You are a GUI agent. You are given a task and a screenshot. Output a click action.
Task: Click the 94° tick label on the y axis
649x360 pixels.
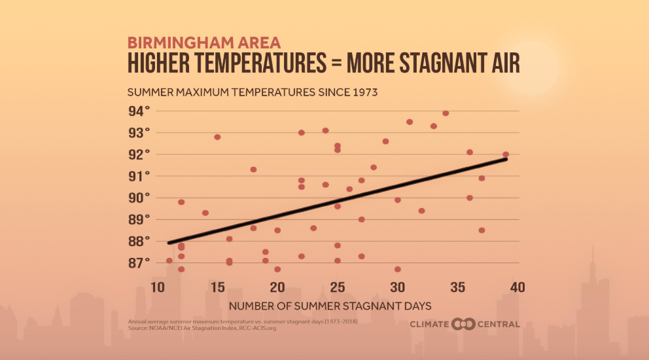[x=139, y=111]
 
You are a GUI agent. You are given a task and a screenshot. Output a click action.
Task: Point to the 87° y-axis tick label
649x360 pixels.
[x=139, y=263]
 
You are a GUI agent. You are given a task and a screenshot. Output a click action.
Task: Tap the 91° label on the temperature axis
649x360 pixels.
[x=139, y=177]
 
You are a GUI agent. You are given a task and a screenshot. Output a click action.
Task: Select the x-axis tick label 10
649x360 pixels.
[x=158, y=287]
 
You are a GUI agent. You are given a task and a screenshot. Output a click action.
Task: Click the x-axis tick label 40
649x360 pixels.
[x=517, y=287]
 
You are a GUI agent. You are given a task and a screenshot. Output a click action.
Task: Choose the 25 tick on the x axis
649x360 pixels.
[x=338, y=287]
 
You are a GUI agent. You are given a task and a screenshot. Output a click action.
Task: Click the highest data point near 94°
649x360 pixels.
[x=446, y=113]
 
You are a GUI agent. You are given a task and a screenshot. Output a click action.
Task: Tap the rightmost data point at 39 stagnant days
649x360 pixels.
[x=505, y=154]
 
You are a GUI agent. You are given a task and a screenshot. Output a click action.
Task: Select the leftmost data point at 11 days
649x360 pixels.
[x=169, y=261]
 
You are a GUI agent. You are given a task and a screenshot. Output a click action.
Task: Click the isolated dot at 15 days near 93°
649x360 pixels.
[x=217, y=137]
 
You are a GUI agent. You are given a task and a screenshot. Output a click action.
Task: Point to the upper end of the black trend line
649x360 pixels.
[x=506, y=159]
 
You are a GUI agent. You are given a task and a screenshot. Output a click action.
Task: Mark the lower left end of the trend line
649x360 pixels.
[x=169, y=243]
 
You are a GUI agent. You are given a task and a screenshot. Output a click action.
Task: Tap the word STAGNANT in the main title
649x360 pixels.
[x=436, y=63]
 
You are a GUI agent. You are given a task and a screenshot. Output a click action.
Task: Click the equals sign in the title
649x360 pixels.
[x=336, y=63]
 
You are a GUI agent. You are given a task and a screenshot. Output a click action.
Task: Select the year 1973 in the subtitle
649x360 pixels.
[x=365, y=92]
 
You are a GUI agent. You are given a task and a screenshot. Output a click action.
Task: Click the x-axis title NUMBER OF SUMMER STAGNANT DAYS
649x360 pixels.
[x=330, y=306]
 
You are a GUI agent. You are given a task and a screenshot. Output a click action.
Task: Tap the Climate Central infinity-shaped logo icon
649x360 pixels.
[x=463, y=324]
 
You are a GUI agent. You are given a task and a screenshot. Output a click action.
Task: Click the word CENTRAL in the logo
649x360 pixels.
[x=499, y=325]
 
